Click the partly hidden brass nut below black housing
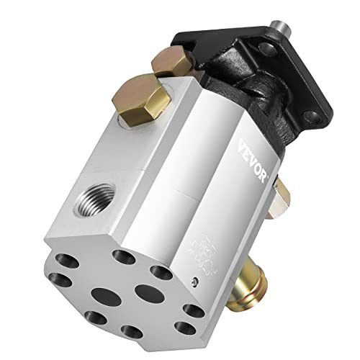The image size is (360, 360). (282, 194)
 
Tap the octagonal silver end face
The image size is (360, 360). (137, 288)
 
